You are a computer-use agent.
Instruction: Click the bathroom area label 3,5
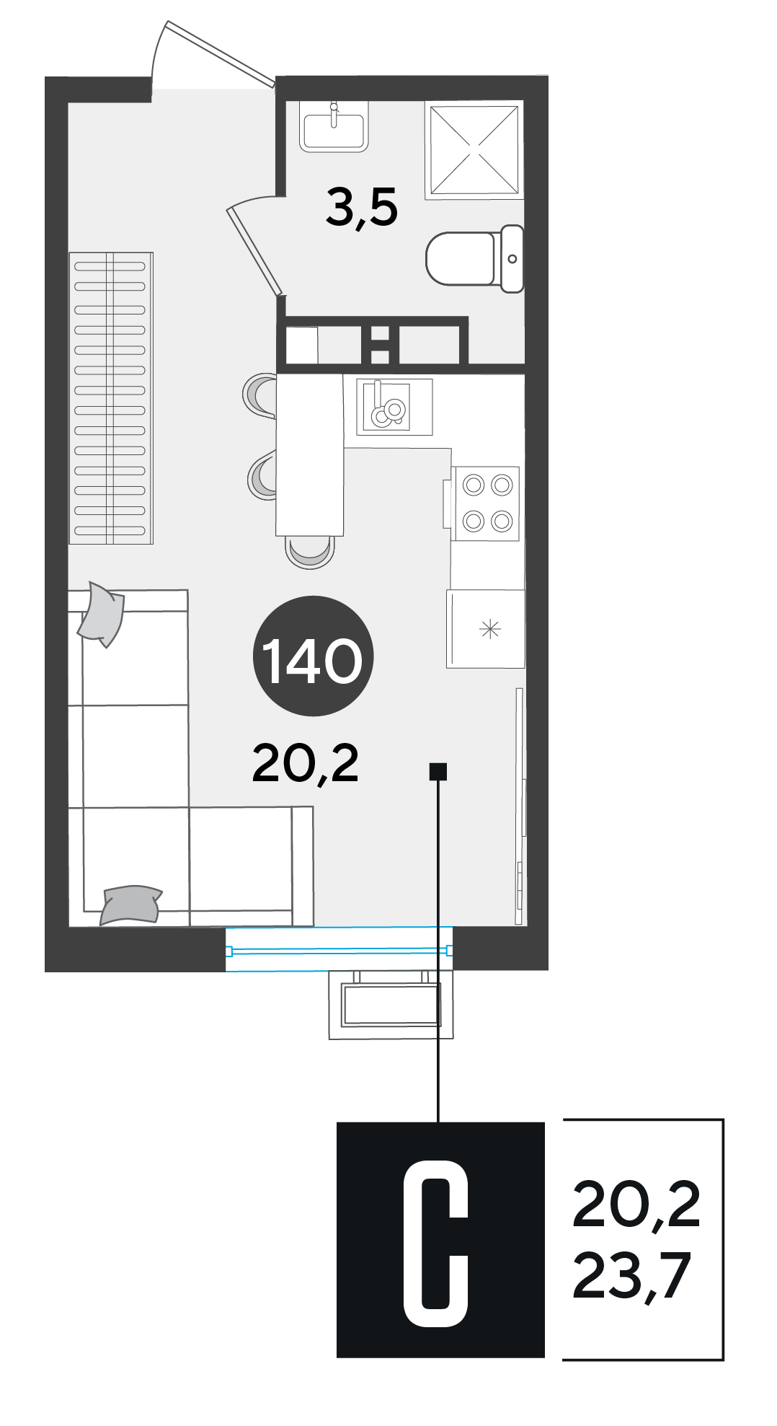[361, 207]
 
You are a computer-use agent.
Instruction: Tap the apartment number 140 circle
[313, 656]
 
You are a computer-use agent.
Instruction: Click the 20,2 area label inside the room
[306, 764]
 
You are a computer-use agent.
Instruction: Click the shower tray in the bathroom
[474, 150]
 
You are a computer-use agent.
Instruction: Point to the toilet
[475, 258]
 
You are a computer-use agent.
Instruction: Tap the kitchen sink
[394, 407]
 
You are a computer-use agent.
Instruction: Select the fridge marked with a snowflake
[486, 629]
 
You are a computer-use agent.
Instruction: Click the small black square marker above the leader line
[438, 771]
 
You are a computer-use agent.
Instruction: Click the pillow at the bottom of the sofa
[130, 905]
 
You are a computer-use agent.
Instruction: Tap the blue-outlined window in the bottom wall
[339, 949]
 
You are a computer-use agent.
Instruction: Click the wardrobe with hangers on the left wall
[111, 397]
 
